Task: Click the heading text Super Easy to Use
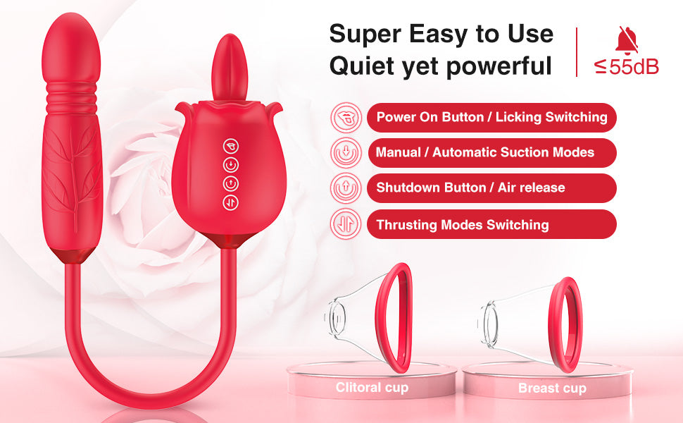[441, 33]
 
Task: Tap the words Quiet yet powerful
[441, 66]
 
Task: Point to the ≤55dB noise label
[627, 68]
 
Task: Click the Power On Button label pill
[491, 117]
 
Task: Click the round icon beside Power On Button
[346, 117]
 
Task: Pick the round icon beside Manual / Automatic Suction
[346, 152]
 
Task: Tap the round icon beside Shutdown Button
[346, 188]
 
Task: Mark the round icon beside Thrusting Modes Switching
[346, 225]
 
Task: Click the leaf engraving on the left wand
[73, 176]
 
